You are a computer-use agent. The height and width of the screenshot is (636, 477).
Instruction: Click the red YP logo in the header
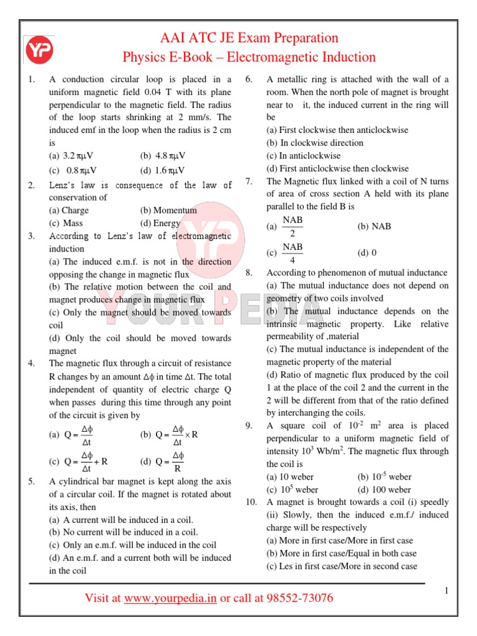39,50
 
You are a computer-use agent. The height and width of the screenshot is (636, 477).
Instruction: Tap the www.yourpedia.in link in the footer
170,598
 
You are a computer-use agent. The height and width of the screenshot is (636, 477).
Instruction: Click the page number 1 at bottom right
446,591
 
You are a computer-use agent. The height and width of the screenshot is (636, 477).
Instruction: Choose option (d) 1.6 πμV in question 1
163,170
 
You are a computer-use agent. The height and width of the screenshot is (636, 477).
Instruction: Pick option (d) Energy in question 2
160,223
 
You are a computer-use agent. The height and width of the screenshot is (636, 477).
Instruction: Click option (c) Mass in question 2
66,223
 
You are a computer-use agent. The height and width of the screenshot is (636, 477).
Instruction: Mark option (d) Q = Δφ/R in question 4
163,462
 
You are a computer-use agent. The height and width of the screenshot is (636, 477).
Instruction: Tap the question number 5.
31,481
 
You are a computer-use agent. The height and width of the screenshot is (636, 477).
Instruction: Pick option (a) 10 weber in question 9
290,477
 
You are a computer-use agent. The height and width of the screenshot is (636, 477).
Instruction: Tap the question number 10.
251,502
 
